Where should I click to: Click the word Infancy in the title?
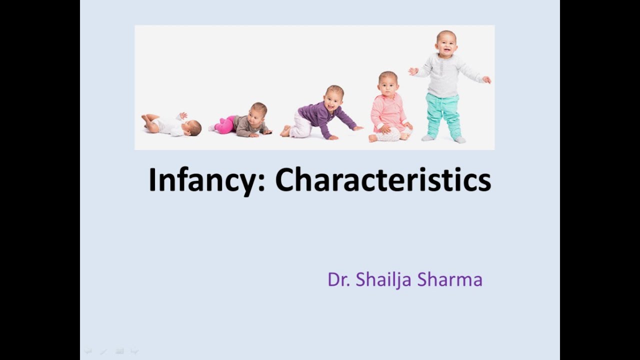point(202,180)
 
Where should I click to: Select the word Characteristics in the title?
point(383,180)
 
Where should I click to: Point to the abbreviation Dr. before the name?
point(338,279)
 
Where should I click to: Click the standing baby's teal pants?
point(442,115)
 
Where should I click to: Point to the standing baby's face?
point(446,44)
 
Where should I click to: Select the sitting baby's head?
point(388,83)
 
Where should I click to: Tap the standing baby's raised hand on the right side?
point(486,79)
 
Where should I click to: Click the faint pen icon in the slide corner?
point(103,351)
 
